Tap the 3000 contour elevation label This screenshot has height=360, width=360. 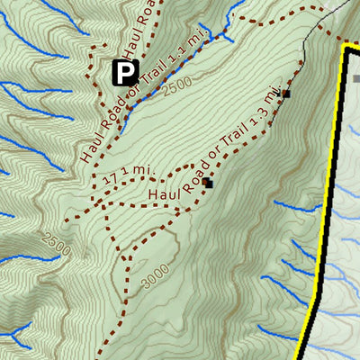(x=154, y=280)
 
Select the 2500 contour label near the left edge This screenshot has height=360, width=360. (x=55, y=241)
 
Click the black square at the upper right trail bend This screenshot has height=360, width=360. (x=285, y=94)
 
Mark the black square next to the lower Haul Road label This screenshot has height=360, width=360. (x=207, y=183)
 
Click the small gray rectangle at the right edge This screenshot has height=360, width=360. (x=356, y=78)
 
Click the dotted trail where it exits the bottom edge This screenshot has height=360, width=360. (x=96, y=356)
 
